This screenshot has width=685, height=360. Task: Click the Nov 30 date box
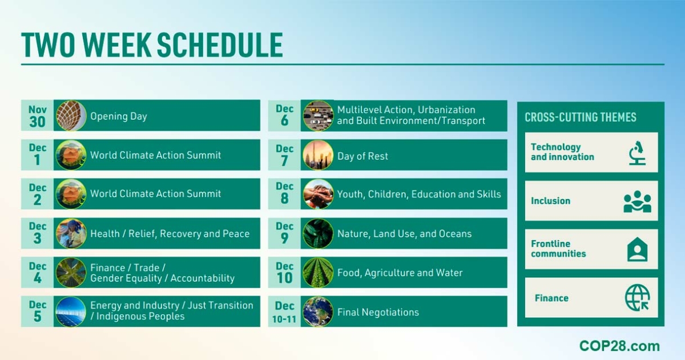(38, 116)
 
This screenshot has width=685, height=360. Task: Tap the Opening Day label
(119, 116)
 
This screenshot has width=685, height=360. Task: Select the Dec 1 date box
(38, 155)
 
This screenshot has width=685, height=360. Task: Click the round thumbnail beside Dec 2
(71, 194)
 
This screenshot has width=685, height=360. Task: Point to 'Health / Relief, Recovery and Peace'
(170, 233)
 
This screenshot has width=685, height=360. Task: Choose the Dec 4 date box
(38, 273)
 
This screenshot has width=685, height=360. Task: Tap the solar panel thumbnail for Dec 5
(71, 312)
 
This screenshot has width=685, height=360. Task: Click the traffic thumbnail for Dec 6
(318, 116)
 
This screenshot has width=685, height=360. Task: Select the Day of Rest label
(362, 156)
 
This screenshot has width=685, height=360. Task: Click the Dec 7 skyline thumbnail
(318, 155)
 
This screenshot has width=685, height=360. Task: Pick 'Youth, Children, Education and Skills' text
(419, 194)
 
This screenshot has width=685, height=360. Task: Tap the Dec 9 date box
(284, 233)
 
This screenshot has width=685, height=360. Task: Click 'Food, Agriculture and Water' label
(400, 273)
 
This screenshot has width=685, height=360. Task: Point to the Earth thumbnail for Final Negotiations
(318, 312)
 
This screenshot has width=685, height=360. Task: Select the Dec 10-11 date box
(284, 312)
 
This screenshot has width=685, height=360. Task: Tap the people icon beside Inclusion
(637, 201)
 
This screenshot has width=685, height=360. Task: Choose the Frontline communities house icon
(637, 249)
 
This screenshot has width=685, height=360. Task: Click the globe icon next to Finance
(637, 298)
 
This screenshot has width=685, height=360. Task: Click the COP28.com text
(619, 346)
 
